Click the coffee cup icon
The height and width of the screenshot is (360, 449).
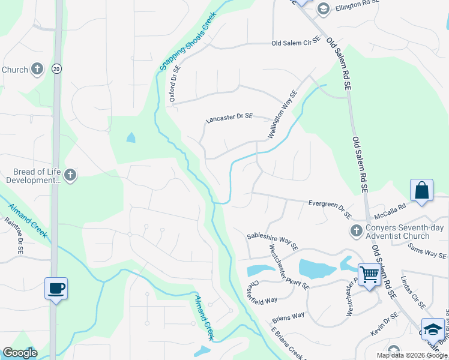pos(56,289)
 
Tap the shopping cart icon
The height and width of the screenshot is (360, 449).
pos(370,275)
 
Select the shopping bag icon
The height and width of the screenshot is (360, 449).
pos(422,190)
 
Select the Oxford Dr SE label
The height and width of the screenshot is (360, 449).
pos(175,85)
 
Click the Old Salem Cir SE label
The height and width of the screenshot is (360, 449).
pos(297,43)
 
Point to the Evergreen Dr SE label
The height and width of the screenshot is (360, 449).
pos(330,207)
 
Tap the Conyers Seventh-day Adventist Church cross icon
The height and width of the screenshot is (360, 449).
pos(355,230)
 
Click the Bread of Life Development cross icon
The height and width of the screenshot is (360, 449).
pos(70,175)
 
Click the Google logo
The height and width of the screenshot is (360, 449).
pos(20,353)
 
